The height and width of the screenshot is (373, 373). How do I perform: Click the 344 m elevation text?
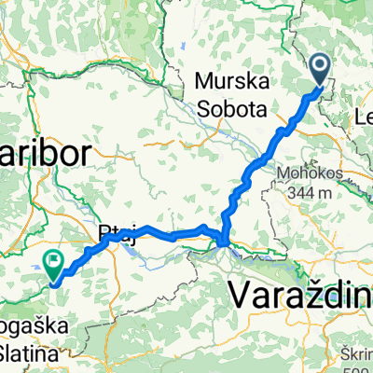(x=308, y=192)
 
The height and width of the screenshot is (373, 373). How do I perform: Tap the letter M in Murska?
(x=204, y=81)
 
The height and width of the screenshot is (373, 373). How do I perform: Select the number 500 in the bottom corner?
(x=359, y=366)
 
